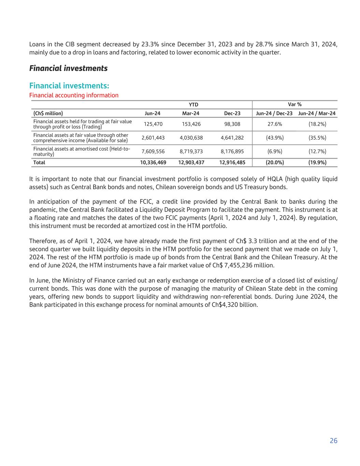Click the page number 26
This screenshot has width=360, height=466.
[333, 441]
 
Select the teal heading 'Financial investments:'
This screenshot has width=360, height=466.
[69, 85]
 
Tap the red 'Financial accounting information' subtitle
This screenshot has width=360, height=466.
[74, 95]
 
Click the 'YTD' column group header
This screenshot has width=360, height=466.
[193, 104]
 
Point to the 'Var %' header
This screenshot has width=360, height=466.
[295, 104]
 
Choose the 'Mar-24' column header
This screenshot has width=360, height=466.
[191, 113]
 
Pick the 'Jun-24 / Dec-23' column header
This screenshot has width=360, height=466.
[274, 113]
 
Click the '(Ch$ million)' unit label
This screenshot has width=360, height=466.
[48, 113]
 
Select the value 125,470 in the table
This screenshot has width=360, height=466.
[153, 124]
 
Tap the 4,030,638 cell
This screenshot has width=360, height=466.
[191, 138]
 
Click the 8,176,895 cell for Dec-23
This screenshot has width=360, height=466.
[232, 151]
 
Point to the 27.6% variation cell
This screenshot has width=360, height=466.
[275, 124]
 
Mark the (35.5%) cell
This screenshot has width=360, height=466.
[317, 138]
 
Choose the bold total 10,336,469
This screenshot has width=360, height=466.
[153, 163]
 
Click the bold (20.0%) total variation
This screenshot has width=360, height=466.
[275, 163]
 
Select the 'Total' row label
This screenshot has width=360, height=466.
[39, 163]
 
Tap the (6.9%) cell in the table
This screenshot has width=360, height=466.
[275, 151]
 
